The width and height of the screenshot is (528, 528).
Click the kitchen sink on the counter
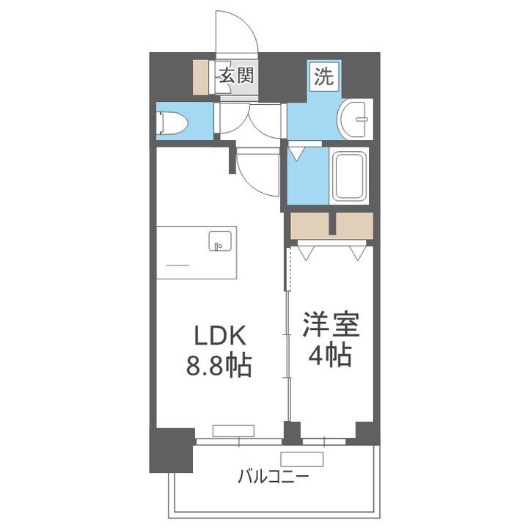pos(219,241)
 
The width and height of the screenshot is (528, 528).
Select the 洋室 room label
pos(327,325)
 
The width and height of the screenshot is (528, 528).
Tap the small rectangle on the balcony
pos(301,459)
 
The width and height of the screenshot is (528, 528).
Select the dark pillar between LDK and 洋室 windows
pos(292,433)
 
